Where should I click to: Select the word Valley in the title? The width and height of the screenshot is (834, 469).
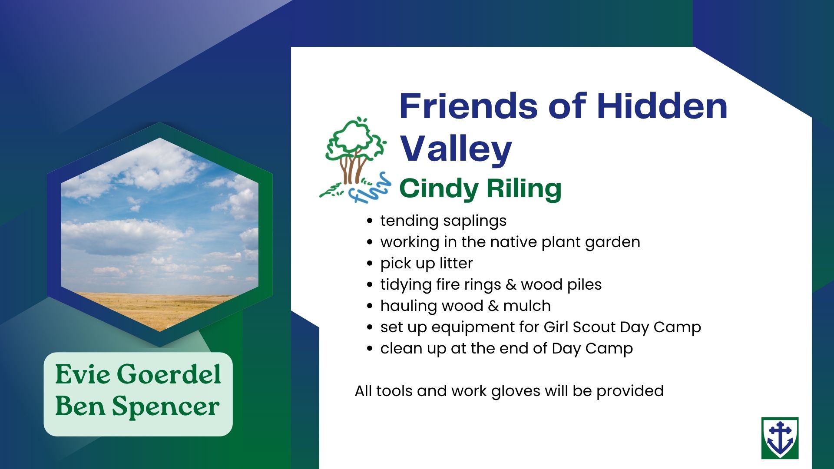coord(456,149)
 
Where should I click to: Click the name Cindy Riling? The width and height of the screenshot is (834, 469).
coord(480,188)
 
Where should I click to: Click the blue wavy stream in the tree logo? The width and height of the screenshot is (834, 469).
coord(371,189)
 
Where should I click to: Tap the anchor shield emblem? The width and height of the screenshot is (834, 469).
coord(780,438)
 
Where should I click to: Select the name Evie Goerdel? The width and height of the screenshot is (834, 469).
coord(138,374)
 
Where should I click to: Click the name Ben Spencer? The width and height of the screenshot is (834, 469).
coord(137,406)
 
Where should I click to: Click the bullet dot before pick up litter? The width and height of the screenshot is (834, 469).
coord(370,264)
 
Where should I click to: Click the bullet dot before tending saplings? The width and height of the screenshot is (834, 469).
coord(370,221)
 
